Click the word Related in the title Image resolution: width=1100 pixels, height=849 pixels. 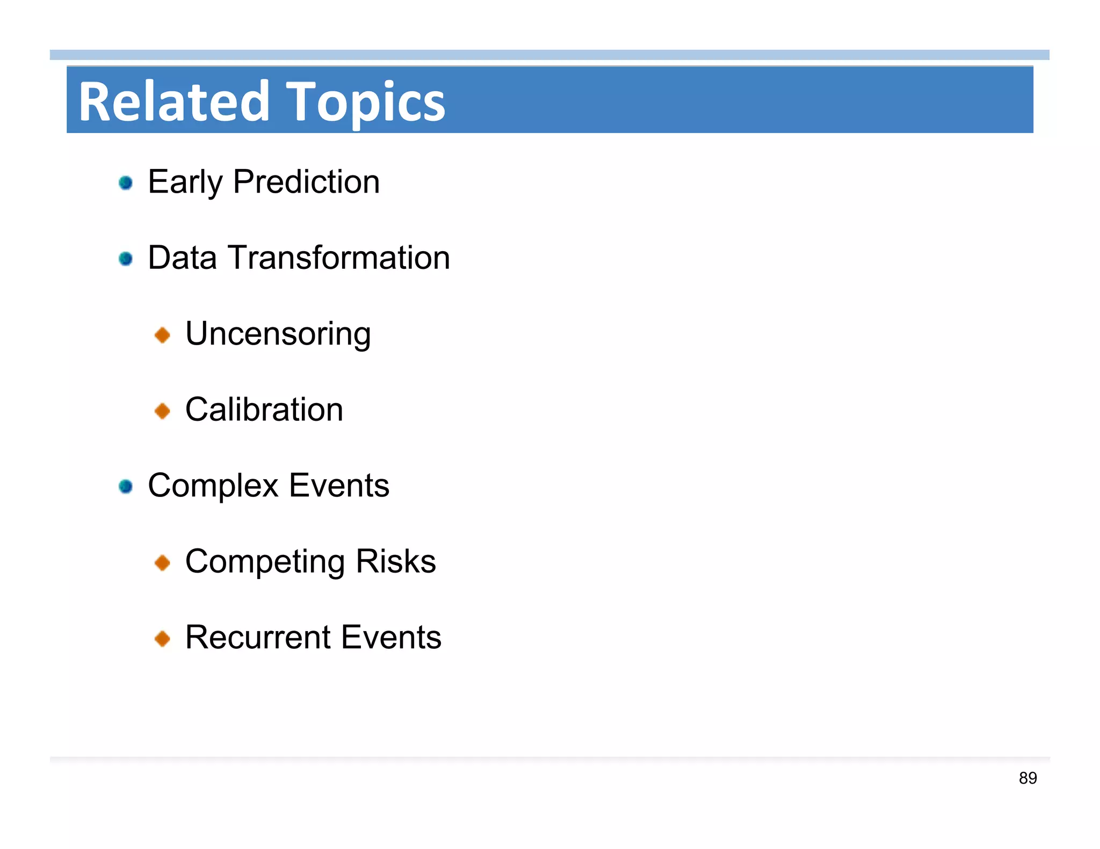pos(173,101)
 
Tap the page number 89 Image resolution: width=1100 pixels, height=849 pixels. pos(1027,778)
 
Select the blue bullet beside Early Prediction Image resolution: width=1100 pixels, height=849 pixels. pos(126,183)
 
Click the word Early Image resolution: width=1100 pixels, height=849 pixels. pos(184,182)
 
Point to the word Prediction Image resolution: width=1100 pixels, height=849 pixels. pos(306,181)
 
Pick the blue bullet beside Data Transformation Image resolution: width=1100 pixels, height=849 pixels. pos(126,259)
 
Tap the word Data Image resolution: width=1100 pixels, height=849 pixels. pos(182,258)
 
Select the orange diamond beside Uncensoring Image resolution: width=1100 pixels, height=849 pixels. pos(162,335)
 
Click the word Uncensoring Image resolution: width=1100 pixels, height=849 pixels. pos(278,334)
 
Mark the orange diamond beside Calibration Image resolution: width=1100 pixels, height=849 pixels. pos(162,411)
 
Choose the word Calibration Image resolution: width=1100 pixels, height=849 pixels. pos(264,409)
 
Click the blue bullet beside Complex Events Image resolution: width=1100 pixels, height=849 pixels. pos(126,486)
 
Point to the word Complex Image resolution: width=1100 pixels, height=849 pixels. pos(213,486)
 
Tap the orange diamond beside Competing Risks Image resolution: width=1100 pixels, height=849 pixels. pos(162,563)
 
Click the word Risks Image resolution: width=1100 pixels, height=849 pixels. pos(395,561)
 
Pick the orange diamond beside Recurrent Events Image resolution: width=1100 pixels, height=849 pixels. pos(162,639)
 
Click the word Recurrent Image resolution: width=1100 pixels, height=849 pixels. pos(258,638)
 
